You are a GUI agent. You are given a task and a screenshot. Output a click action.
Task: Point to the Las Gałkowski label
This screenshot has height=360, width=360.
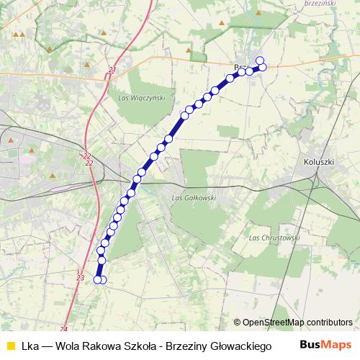(x=190, y=197)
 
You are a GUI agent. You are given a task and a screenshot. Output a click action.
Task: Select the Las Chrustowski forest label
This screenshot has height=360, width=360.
(x=273, y=237)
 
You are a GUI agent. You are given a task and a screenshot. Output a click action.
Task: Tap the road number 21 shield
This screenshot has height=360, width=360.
(x=112, y=70)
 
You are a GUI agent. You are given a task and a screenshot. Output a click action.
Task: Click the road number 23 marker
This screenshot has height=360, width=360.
(x=80, y=277)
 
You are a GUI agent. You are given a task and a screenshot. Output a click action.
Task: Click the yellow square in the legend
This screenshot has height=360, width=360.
(x=9, y=345)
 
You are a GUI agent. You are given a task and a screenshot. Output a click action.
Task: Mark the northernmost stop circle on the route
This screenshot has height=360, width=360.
(x=260, y=60)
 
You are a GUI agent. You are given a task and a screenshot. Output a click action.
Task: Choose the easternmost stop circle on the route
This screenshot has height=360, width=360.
(x=263, y=68)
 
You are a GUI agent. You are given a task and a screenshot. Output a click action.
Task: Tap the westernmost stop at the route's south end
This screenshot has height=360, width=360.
(x=98, y=279)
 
